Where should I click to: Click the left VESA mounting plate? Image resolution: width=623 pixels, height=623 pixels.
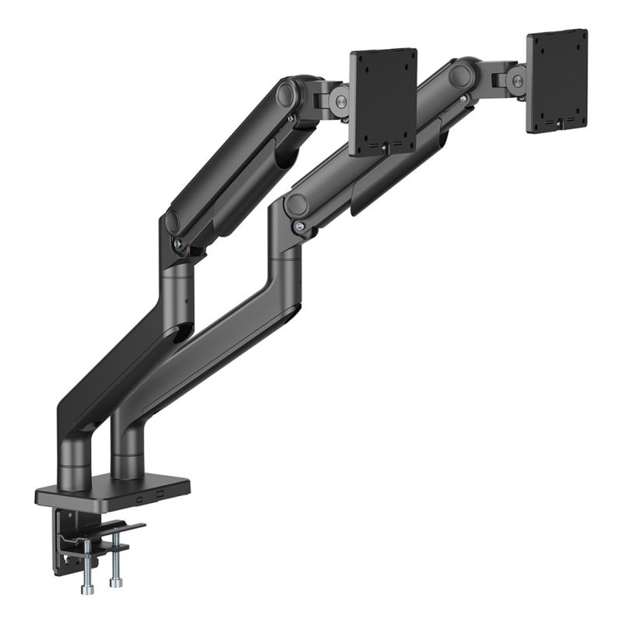pos(382,101)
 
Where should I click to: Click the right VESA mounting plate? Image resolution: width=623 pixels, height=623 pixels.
pos(557,79)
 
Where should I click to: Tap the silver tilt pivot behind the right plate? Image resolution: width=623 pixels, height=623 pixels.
pos(516,80)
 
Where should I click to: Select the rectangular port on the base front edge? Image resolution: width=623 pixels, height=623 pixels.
pos(160,495)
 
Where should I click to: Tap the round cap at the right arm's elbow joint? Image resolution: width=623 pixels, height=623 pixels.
pos(295,205)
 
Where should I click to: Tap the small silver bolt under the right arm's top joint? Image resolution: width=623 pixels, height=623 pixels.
pos(464,99)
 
